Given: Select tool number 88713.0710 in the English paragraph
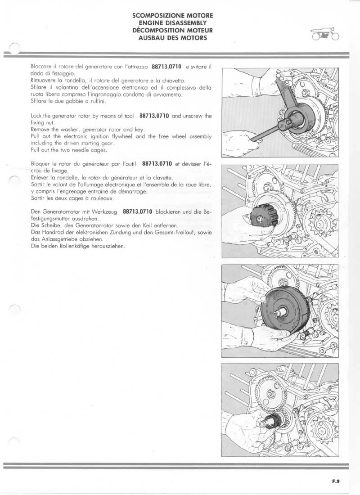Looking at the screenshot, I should (x=154, y=116).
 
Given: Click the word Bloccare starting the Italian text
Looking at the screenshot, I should (x=40, y=67).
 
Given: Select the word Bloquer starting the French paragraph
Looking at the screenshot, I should (x=40, y=165).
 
